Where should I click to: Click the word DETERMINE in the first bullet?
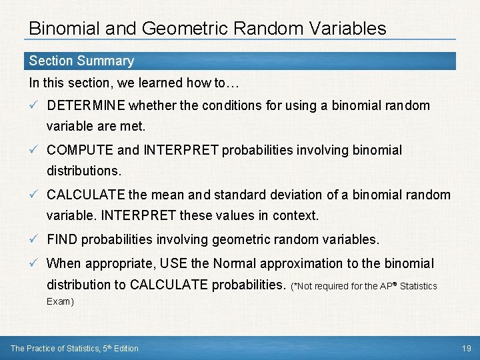pos(86,106)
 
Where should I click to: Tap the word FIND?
pos(63,239)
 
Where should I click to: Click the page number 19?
pos(467,348)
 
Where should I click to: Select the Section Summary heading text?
pos(81,61)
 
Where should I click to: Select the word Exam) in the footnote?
pos(60,301)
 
